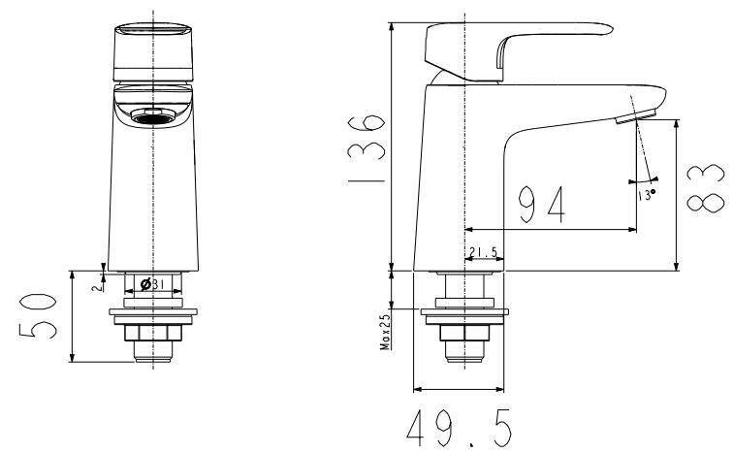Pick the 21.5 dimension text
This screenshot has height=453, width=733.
tap(482, 254)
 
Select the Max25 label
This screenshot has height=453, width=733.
tap(385, 331)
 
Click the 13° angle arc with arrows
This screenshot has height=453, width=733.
tap(642, 180)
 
